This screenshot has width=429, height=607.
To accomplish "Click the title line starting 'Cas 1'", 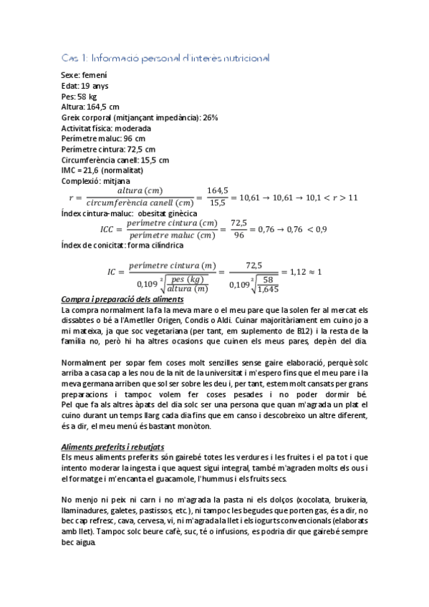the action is point(165,58).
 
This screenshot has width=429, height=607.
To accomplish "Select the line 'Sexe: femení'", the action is point(85,75).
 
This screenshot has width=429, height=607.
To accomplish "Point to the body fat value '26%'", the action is point(211,117).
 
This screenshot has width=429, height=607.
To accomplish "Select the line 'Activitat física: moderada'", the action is point(106,128).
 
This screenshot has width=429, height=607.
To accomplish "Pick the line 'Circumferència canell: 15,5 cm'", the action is point(116,160).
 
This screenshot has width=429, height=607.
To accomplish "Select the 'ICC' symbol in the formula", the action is point(107,229).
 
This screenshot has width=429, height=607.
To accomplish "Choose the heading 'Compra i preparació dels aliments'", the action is point(123,298).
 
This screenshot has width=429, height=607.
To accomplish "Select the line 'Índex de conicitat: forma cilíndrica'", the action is point(122,246).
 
